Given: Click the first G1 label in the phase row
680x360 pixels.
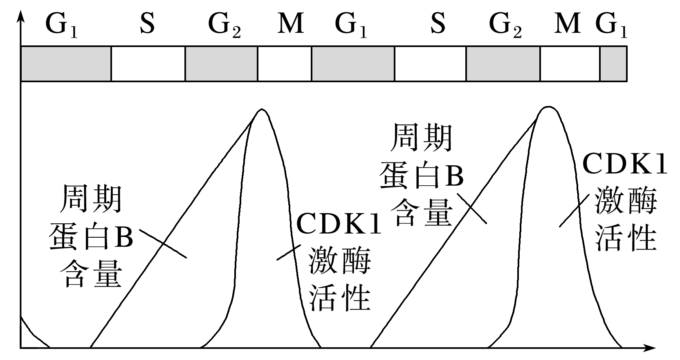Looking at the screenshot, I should (61, 25).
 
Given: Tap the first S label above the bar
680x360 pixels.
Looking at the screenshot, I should (147, 24).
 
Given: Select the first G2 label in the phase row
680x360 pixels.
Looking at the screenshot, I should (224, 25).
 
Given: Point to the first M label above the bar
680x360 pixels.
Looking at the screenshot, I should (290, 24).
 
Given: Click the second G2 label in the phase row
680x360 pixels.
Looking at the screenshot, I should (505, 25).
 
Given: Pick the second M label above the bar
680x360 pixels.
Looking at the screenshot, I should (568, 24).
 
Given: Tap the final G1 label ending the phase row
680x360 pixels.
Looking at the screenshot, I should (611, 25).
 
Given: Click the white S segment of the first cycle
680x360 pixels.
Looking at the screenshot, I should (148, 64).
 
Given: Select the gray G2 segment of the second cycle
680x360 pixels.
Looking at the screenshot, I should (503, 64).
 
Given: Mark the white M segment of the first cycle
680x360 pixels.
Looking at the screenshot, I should (285, 64).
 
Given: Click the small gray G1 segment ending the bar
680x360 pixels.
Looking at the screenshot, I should (613, 64).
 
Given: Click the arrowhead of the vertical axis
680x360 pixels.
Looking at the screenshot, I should (21, 16).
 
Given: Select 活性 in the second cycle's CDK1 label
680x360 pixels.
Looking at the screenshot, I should (626, 239).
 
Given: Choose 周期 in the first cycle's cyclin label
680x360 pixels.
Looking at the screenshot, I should (91, 199).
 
